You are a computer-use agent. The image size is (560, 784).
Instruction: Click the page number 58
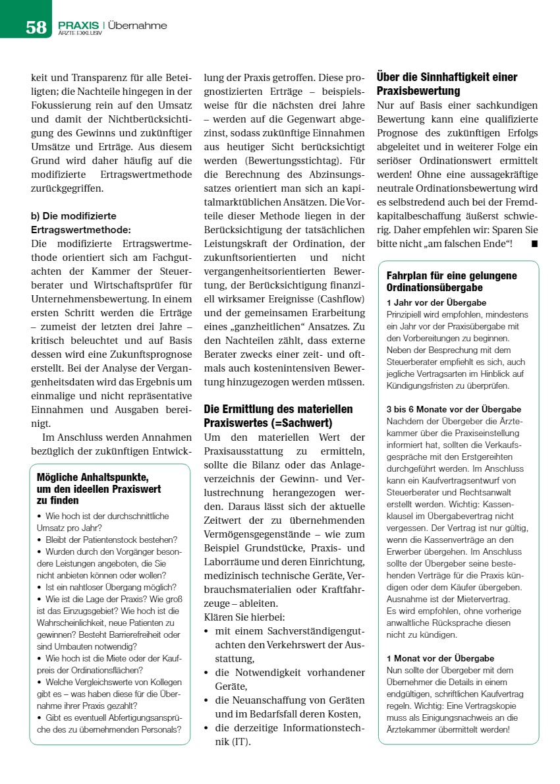pyautogui.click(x=36, y=27)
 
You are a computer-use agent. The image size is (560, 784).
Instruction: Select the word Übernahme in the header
pyautogui.click(x=138, y=26)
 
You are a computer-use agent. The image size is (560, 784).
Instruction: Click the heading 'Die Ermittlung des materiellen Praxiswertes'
pyautogui.click(x=278, y=416)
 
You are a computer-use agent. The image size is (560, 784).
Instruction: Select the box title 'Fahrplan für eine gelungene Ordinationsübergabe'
pyautogui.click(x=451, y=281)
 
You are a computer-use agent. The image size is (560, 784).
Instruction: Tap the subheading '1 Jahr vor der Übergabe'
pyautogui.click(x=436, y=302)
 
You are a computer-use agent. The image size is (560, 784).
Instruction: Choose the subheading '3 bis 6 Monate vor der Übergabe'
pyautogui.click(x=453, y=409)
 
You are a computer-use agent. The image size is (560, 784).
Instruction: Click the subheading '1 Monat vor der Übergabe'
pyautogui.click(x=440, y=658)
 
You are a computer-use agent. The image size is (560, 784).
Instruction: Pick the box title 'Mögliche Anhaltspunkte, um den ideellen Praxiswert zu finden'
pyautogui.click(x=99, y=488)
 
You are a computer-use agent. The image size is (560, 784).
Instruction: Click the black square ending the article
pyautogui.click(x=534, y=244)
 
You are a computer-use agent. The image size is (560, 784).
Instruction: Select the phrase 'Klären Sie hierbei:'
pyautogui.click(x=244, y=617)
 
